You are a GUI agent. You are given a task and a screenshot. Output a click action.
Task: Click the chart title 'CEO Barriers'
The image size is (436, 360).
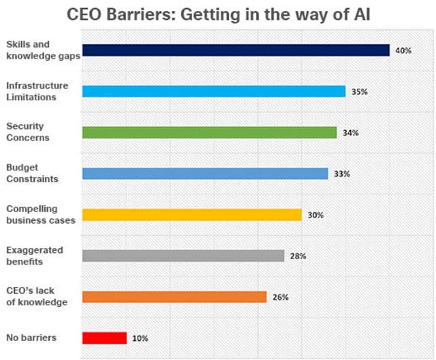[217, 15]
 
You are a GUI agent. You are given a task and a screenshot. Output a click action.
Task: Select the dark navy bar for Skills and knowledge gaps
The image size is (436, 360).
[236, 50]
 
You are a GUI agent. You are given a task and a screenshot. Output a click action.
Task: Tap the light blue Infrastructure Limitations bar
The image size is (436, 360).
[214, 91]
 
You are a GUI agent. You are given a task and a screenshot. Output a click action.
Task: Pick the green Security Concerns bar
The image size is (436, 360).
[209, 132]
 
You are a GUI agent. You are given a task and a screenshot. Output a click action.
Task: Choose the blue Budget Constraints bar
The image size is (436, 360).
[205, 174]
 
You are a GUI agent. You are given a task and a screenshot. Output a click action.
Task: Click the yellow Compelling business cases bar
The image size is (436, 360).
[191, 215]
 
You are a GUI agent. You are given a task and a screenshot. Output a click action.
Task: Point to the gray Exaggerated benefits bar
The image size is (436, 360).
[183, 256]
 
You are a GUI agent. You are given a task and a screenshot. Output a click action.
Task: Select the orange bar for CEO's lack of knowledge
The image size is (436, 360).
[174, 297]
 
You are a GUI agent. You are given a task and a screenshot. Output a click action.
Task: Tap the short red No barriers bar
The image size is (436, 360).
[104, 337]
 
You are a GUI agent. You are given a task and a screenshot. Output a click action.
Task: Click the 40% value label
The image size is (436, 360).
[403, 50]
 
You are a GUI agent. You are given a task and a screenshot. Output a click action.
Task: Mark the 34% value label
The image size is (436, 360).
[351, 133]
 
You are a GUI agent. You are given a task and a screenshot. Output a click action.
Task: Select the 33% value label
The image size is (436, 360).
[341, 174]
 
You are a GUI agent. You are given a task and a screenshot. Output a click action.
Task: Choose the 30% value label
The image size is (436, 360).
[315, 215]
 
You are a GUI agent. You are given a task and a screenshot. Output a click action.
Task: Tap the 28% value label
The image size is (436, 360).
[298, 256]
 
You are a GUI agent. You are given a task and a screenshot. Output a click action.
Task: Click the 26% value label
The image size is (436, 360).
[280, 297]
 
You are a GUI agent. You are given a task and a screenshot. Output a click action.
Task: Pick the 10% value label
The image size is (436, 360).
[140, 338]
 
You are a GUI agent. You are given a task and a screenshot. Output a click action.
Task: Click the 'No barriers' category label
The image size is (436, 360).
[31, 337]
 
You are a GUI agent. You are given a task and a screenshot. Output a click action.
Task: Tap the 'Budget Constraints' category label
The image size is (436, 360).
[31, 173]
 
